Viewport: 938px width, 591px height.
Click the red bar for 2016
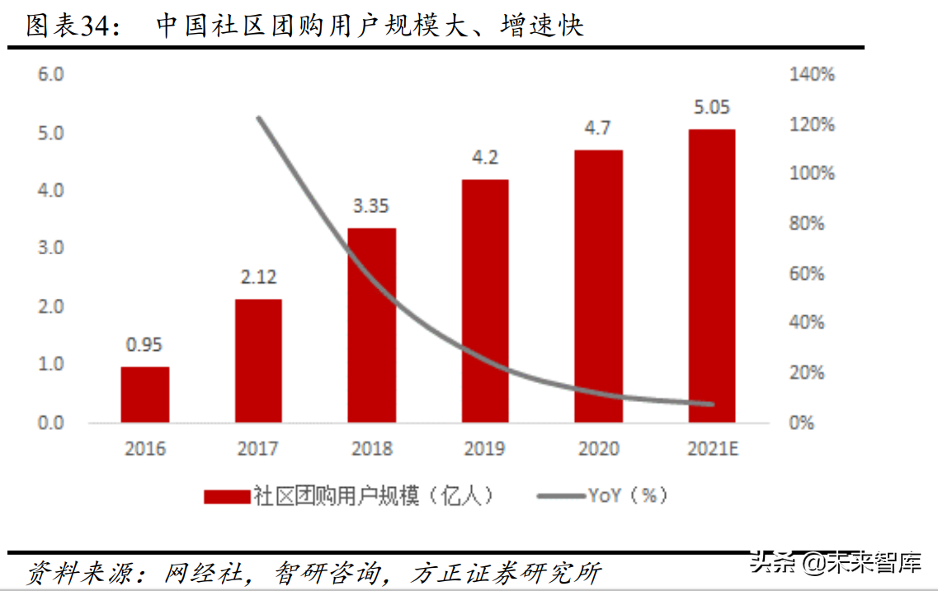(x=145, y=395)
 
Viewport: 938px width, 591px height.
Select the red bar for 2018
(x=372, y=325)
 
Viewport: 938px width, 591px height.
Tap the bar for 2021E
(x=712, y=276)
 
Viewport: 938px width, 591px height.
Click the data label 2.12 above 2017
(x=258, y=277)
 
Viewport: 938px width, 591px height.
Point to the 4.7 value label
(x=599, y=128)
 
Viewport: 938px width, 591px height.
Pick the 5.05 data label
(x=711, y=107)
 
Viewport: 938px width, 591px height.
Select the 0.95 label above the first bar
(x=144, y=345)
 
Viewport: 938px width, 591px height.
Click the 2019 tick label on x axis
(x=485, y=449)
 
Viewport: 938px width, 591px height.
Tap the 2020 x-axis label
(x=599, y=449)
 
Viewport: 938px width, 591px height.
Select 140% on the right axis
(x=812, y=75)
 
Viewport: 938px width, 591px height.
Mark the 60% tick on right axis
(x=807, y=274)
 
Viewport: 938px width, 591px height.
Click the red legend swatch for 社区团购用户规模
(x=227, y=496)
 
